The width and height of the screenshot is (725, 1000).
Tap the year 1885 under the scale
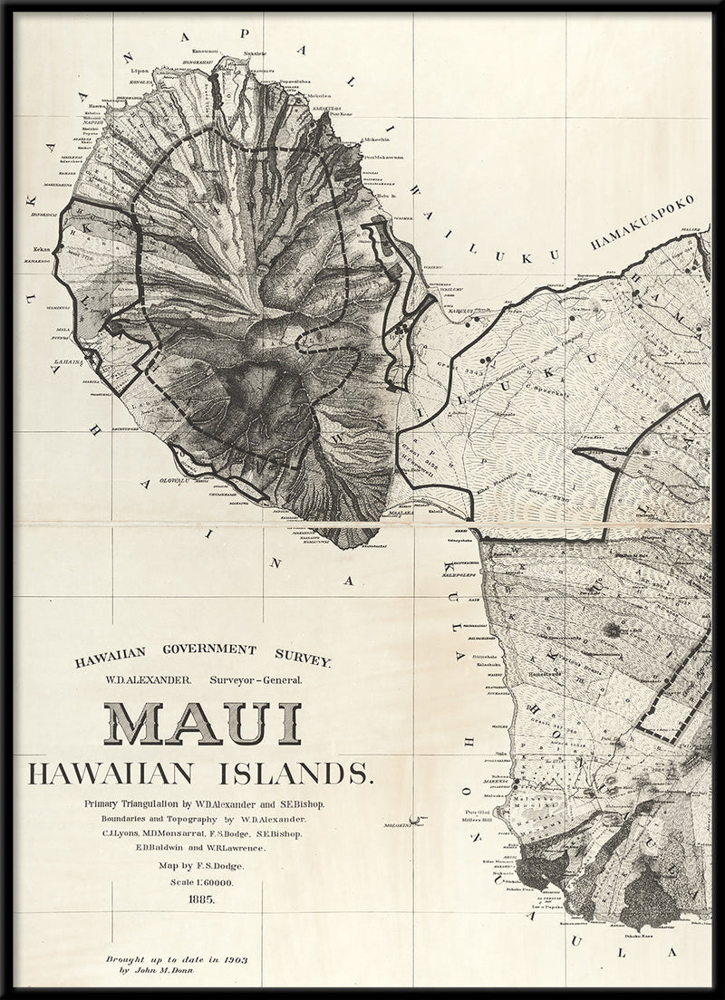pyautogui.click(x=203, y=899)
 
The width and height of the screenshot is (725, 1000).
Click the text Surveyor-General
pyautogui.click(x=260, y=678)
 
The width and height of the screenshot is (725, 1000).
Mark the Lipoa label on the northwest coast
pyautogui.click(x=139, y=69)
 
